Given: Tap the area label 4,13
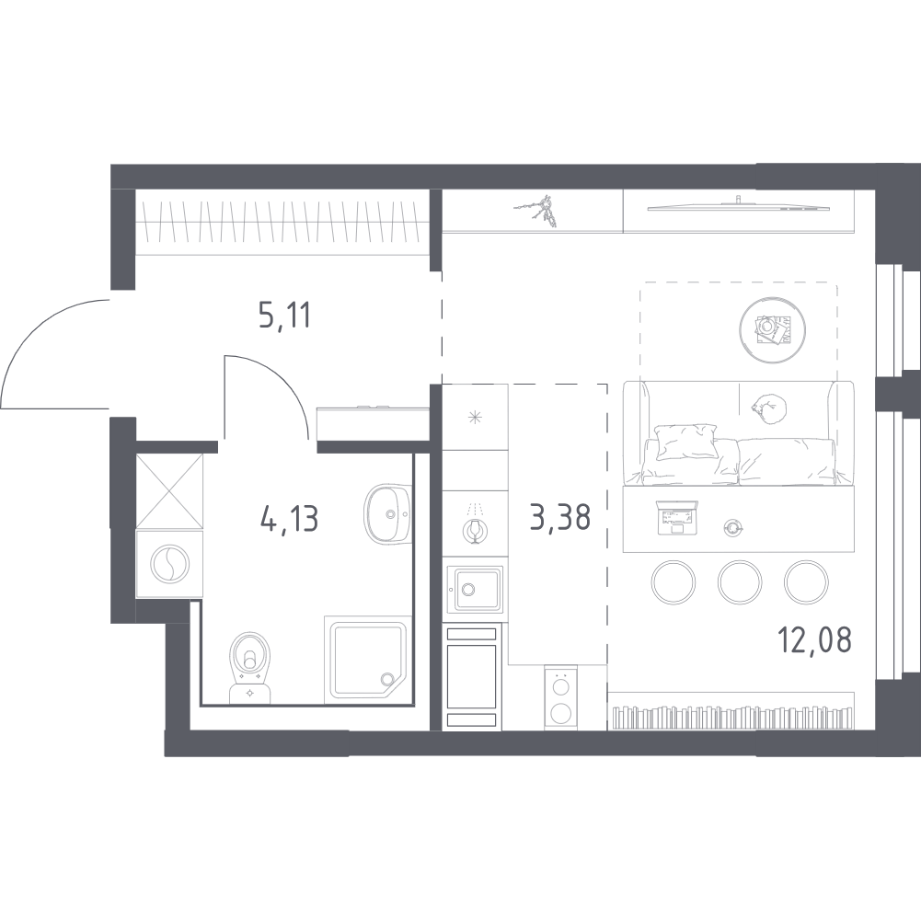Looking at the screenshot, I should [x=289, y=520].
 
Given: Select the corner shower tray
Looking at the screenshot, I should [x=365, y=659].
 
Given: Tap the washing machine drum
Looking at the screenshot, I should [x=168, y=565].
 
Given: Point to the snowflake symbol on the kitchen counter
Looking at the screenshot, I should [x=475, y=419].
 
